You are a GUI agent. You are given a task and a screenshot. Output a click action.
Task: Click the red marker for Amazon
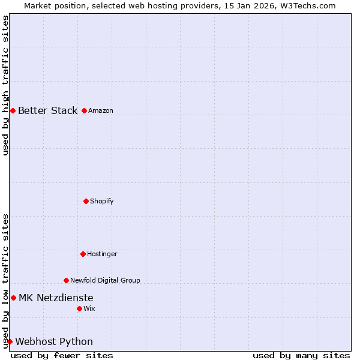84,110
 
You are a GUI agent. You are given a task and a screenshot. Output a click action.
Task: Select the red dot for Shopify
86,201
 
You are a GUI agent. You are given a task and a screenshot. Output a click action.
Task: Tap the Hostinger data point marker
83,254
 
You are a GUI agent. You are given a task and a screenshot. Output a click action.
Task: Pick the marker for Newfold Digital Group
66,280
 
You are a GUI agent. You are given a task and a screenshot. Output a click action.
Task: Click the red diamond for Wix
79,308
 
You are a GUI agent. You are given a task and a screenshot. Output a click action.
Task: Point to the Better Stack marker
13,110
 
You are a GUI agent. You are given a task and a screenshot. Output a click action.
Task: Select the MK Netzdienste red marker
13,298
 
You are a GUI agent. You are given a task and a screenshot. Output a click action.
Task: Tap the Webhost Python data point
10,341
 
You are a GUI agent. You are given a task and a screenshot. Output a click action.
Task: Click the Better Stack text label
47,110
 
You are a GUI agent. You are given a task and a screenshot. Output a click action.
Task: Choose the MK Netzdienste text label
56,298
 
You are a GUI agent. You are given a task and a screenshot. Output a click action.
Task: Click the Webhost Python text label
54,341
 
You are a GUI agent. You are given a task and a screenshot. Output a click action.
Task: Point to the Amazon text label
101,110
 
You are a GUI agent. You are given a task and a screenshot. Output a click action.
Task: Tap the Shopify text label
102,201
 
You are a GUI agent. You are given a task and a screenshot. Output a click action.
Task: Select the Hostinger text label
102,254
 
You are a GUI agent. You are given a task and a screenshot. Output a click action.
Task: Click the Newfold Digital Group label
105,280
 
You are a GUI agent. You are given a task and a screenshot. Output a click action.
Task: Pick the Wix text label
89,308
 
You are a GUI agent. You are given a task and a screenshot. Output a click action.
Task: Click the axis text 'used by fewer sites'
62,355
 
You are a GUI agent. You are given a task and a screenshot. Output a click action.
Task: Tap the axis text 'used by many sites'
301,355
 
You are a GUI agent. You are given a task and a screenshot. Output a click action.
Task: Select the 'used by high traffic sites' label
5,85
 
